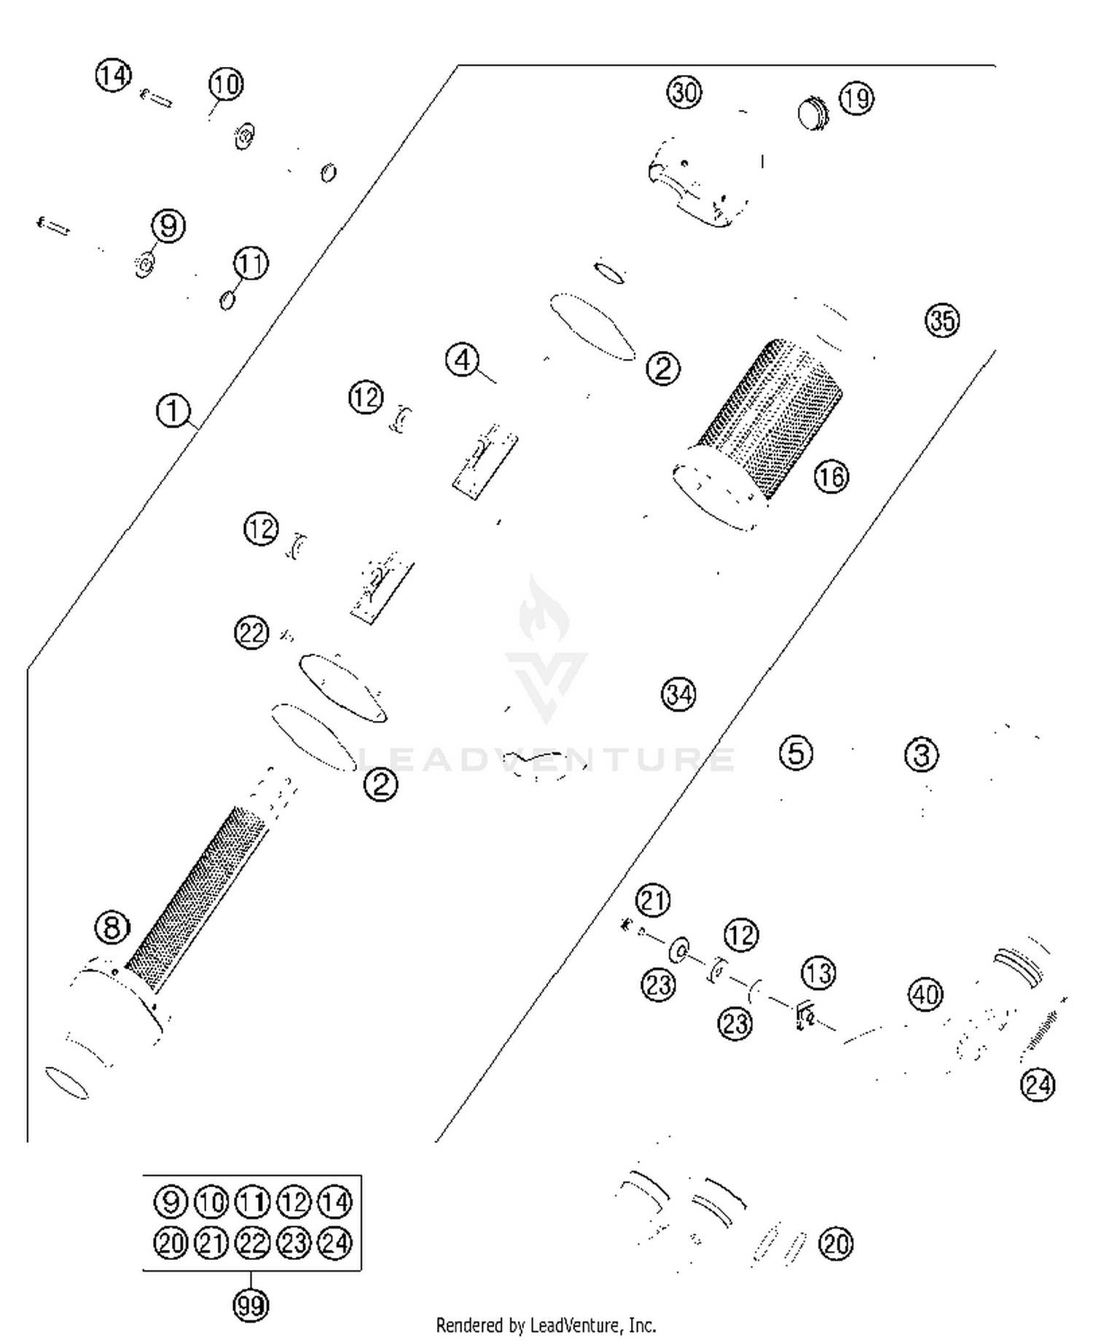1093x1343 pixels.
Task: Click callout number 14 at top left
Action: [x=113, y=76]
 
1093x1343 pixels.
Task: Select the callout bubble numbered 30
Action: [x=683, y=92]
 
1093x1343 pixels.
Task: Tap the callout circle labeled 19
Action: [x=856, y=98]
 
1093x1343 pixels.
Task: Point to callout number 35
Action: [x=942, y=320]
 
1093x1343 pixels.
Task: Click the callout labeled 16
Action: [x=831, y=477]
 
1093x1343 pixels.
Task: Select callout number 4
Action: [x=463, y=360]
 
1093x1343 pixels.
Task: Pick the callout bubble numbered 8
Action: [x=112, y=927]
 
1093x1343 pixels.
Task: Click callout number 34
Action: [x=678, y=694]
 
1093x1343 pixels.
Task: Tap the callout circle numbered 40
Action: [x=926, y=994]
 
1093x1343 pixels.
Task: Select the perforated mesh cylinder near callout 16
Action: [x=765, y=422]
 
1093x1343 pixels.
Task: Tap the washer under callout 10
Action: [x=244, y=135]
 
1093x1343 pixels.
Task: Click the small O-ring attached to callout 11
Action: [x=227, y=299]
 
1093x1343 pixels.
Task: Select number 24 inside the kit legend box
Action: [x=335, y=1243]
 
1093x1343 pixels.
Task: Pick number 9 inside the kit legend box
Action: [x=171, y=1202]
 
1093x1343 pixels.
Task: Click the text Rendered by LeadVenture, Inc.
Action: [x=546, y=1326]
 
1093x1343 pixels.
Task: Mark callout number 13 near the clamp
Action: [x=818, y=973]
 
